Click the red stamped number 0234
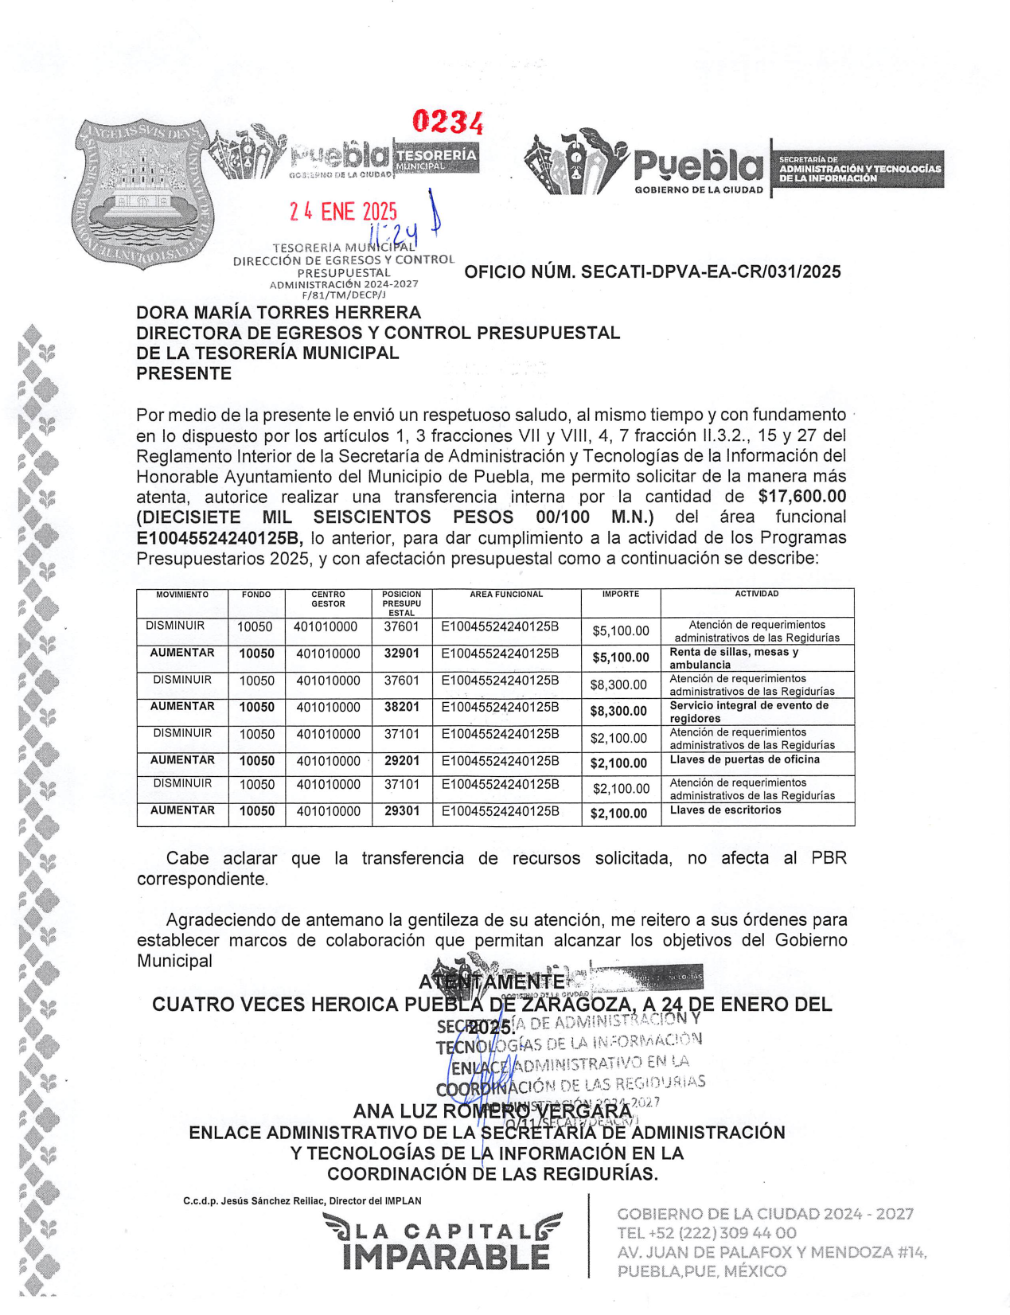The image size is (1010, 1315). tap(447, 123)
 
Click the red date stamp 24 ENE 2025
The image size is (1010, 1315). tap(343, 211)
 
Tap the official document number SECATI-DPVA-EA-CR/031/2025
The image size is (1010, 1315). tap(652, 272)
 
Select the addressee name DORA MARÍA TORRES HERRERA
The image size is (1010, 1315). tap(279, 313)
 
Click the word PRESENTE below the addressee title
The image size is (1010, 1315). tap(184, 374)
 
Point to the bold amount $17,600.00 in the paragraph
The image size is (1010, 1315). tap(801, 497)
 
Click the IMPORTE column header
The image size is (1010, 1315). tap(620, 595)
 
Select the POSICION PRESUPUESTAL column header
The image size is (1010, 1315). tap(401, 603)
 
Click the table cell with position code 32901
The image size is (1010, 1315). tap(401, 654)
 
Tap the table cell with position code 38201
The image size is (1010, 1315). tap(401, 707)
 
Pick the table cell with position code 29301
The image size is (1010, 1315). tap(401, 811)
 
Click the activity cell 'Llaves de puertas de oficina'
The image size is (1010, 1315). tap(744, 760)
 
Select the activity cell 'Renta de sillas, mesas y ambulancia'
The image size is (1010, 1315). tap(733, 658)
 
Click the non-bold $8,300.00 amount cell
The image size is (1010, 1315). tap(618, 685)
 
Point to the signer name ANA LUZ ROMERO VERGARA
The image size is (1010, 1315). tap(492, 1111)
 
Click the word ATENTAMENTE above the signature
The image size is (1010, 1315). tap(492, 981)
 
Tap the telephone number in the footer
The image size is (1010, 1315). tap(706, 1233)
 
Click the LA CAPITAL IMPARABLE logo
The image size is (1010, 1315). tap(443, 1242)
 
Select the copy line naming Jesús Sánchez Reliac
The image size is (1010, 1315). tap(302, 1201)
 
